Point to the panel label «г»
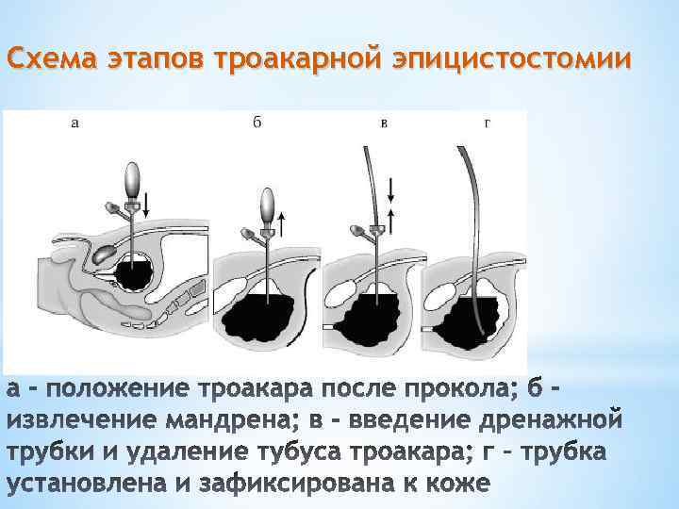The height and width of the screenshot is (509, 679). (x=486, y=123)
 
